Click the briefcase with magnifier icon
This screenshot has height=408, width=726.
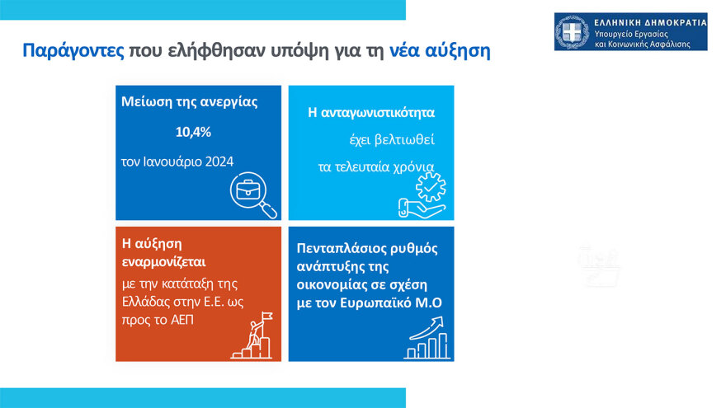[250, 196]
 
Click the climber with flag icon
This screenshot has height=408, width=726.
[250, 337]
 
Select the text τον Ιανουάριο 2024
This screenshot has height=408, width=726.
[177, 161]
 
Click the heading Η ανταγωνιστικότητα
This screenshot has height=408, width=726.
[370, 110]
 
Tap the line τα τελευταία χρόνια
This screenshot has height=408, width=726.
[375, 166]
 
